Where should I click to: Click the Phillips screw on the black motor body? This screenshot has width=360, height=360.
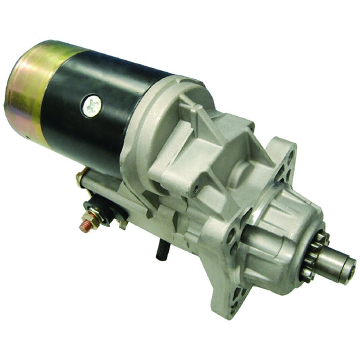point(93,104)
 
